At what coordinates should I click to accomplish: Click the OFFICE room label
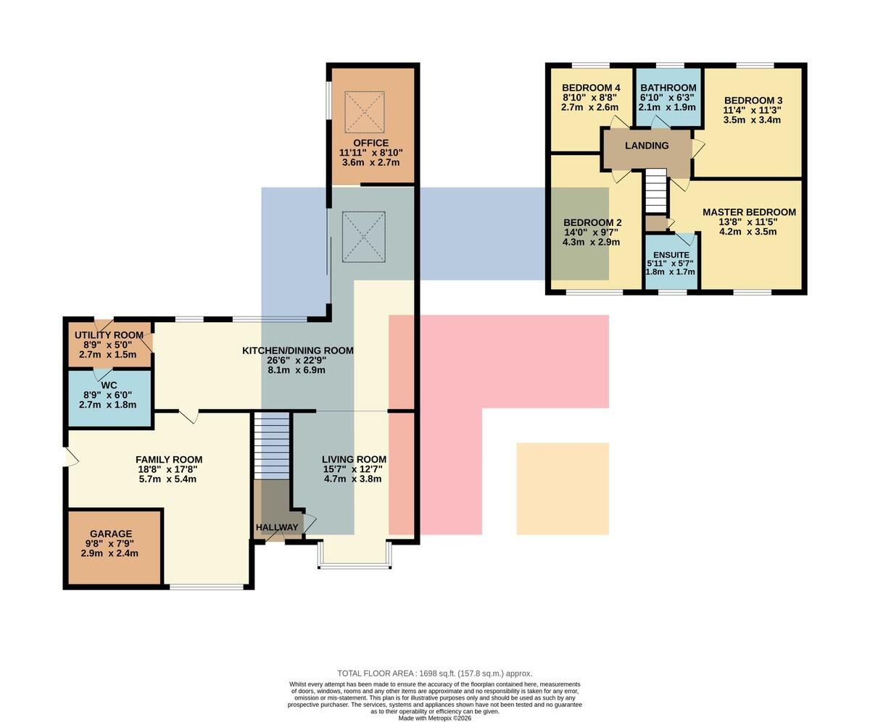[x=370, y=143]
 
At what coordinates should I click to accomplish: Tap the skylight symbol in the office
[x=365, y=112]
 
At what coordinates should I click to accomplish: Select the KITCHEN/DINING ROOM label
[x=297, y=350]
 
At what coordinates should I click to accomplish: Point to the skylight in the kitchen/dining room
[x=364, y=237]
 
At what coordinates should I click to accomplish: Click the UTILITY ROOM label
[x=109, y=335]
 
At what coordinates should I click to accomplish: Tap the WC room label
[x=109, y=385]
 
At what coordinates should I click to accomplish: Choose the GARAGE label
[x=111, y=534]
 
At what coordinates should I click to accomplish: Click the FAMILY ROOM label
[x=169, y=459]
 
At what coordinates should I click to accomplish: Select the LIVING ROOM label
[x=354, y=459]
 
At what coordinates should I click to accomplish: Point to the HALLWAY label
[x=277, y=527]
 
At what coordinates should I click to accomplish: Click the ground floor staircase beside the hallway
[x=272, y=445]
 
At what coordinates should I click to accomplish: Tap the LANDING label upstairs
[x=647, y=146]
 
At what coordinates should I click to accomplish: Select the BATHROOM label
[x=668, y=88]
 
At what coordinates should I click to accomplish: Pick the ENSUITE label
[x=671, y=255]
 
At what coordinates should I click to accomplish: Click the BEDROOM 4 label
[x=591, y=88]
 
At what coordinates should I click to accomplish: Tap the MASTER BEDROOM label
[x=749, y=212]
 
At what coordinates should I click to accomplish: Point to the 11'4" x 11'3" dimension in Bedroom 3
[x=752, y=110]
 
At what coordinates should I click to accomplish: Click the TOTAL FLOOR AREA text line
[x=434, y=673]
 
